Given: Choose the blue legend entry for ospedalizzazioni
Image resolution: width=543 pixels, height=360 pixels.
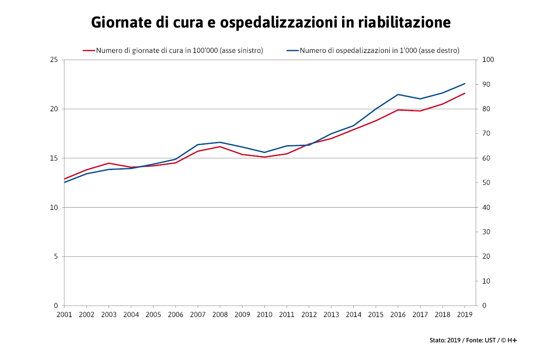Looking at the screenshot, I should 373,51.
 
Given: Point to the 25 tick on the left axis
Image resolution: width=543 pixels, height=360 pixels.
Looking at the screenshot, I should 54,60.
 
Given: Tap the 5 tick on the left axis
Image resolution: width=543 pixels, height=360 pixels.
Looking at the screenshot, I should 56,256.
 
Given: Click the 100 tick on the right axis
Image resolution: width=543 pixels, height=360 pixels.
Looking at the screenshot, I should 489,60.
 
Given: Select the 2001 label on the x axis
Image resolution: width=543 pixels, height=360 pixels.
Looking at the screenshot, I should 64,314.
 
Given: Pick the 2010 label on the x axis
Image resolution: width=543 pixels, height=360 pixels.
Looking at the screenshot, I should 264,314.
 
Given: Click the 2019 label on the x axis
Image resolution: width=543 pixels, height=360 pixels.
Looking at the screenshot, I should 465,314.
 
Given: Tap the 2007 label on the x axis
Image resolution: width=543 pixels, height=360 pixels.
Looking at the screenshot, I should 198,314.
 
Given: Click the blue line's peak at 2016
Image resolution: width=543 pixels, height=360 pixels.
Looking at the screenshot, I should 398,95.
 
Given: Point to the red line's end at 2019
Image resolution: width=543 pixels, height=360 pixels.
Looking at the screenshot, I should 465,93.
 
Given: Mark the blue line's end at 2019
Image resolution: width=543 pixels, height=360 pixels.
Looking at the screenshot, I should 465,84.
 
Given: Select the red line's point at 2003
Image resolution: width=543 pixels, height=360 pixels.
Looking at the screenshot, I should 109,163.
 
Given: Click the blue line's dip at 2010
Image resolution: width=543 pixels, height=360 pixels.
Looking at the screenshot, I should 264,152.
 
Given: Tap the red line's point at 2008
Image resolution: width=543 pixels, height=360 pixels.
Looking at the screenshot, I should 220,147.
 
